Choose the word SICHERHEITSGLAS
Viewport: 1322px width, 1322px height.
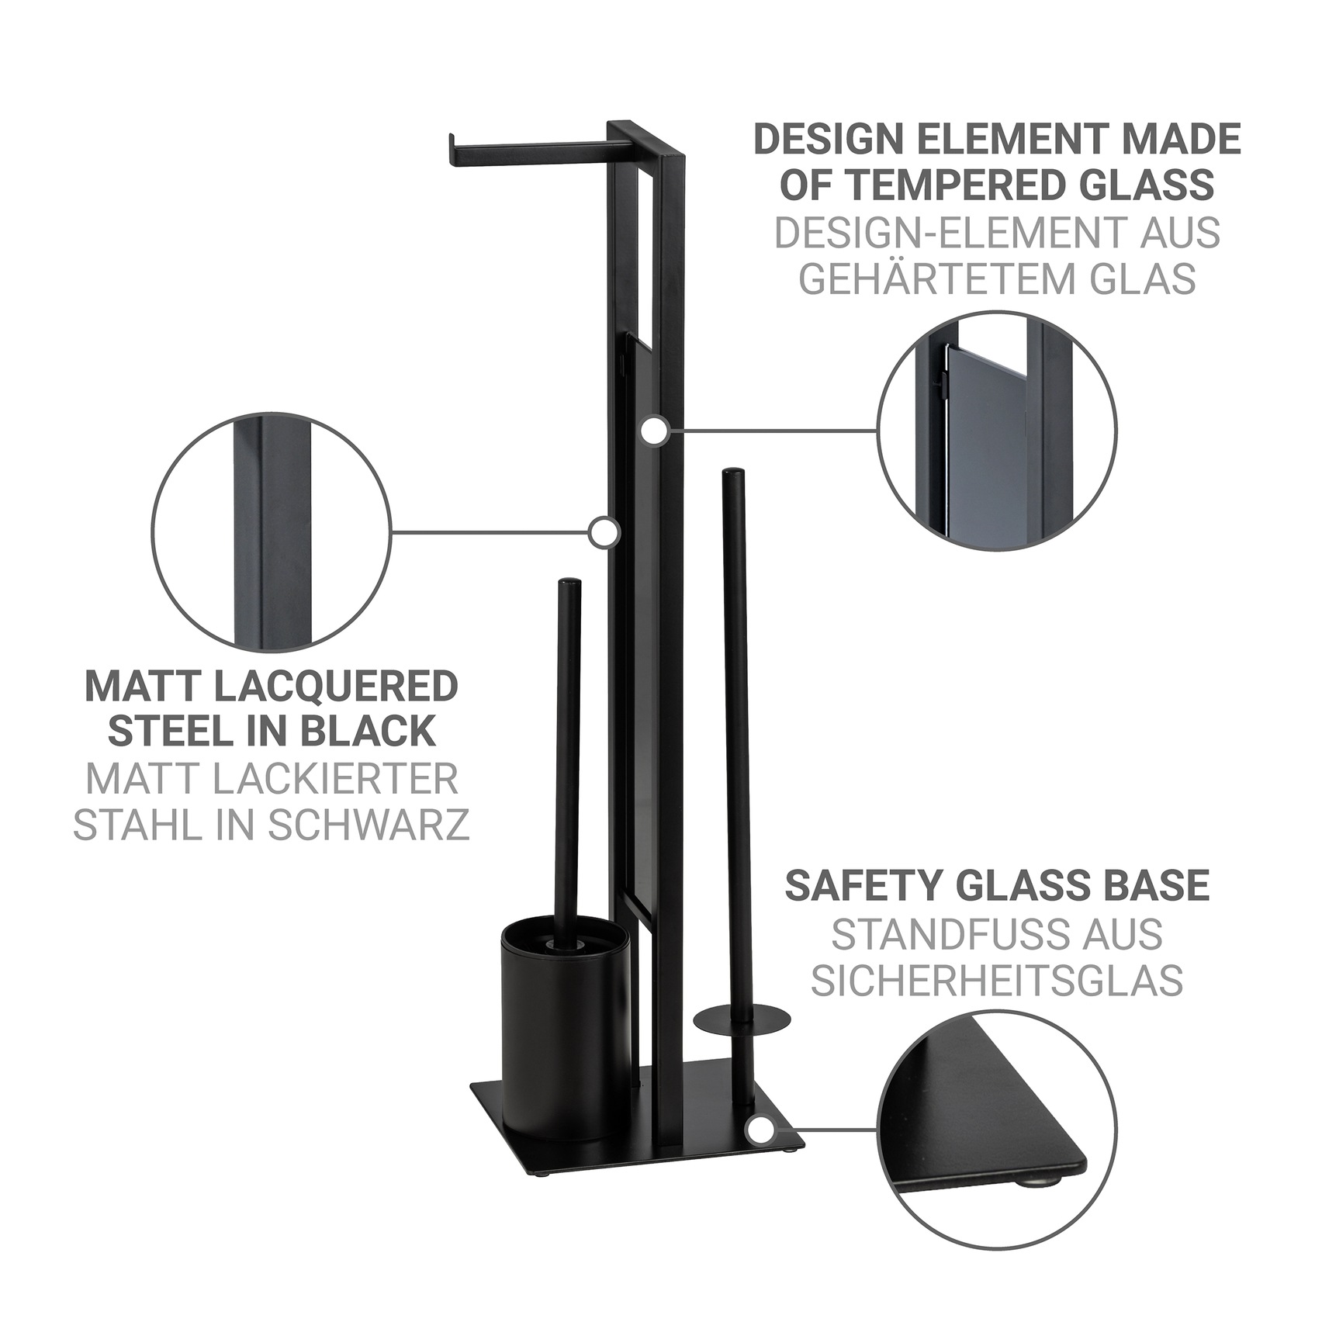[997, 981]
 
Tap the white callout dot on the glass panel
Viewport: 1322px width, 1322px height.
[656, 431]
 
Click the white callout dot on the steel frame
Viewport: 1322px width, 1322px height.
[604, 533]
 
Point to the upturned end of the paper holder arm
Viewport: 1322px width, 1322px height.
[450, 151]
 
